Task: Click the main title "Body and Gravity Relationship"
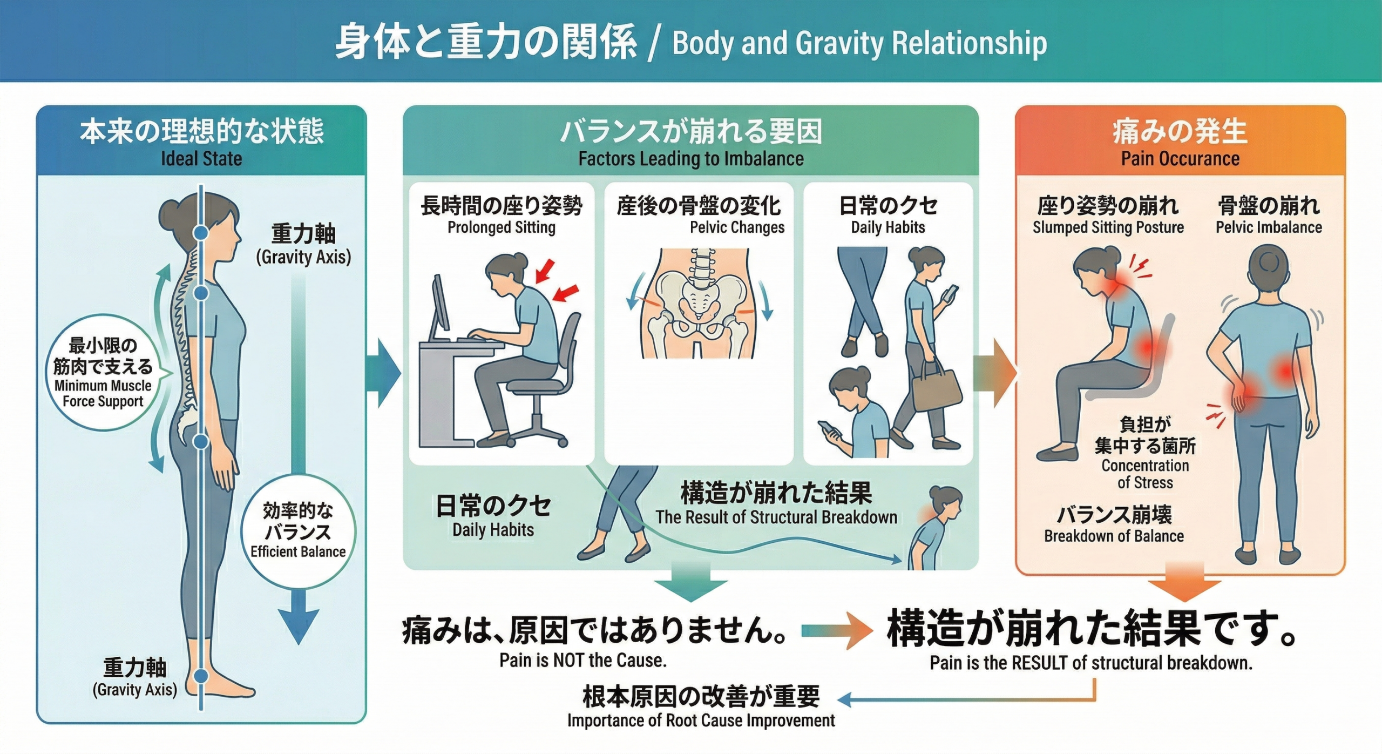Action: pos(859,43)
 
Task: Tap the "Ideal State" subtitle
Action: pos(201,159)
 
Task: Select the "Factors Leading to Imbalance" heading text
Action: pos(690,159)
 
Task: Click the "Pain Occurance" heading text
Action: pos(1180,159)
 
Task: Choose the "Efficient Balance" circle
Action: pos(298,531)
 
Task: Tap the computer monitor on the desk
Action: pos(441,305)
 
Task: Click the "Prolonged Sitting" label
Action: pos(501,227)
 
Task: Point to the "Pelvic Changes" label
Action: pos(737,227)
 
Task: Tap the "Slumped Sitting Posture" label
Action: pos(1108,227)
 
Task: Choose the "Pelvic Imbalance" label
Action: pos(1269,227)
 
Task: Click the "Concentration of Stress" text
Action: pos(1145,474)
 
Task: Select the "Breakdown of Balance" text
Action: pos(1114,536)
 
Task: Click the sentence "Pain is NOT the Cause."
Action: pos(582,660)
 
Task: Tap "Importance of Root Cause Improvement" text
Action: pos(701,721)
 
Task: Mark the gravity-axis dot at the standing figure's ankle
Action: pos(201,676)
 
